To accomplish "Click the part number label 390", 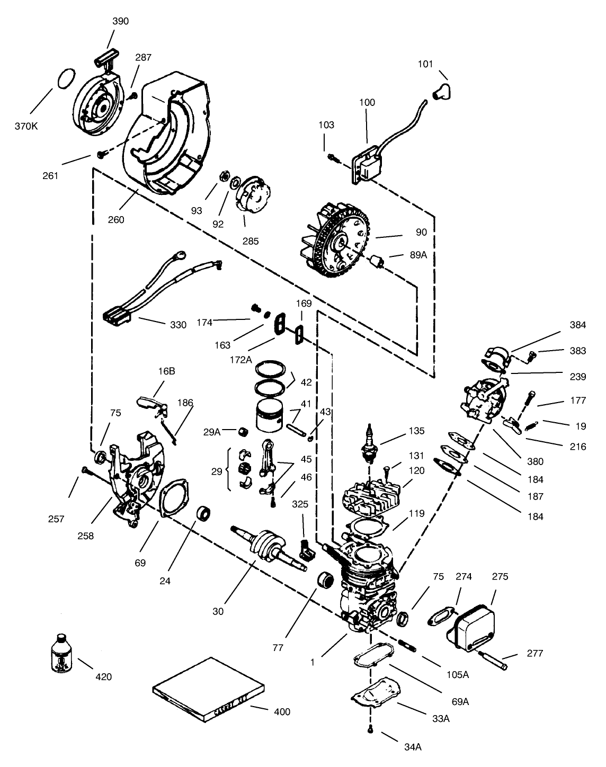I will [x=120, y=21].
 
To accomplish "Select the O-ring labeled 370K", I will [x=64, y=79].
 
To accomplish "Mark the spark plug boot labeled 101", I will [x=440, y=91].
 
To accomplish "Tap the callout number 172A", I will [x=241, y=359].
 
